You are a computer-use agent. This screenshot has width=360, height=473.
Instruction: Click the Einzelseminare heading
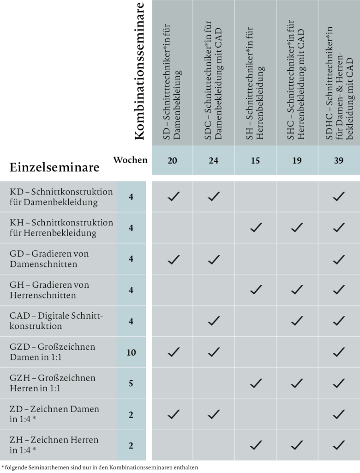(x=54, y=167)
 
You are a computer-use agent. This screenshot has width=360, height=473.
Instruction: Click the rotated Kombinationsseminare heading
(x=139, y=71)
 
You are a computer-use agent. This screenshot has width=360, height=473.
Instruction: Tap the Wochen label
(x=130, y=160)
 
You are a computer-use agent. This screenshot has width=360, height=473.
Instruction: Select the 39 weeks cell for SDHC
(x=339, y=160)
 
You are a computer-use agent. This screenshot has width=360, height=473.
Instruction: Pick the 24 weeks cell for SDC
(x=214, y=160)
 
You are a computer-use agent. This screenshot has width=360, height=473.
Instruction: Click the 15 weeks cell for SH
(x=255, y=160)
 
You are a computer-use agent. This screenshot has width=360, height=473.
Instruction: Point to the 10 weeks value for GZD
(x=131, y=352)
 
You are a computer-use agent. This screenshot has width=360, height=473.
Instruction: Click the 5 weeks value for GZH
(x=131, y=383)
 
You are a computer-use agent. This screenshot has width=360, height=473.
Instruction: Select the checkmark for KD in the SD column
(x=174, y=196)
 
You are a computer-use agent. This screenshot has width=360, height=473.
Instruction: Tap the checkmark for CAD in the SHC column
(x=297, y=321)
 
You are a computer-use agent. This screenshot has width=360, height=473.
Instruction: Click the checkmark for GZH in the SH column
(x=256, y=383)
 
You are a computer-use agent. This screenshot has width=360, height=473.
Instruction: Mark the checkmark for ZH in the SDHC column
(x=339, y=445)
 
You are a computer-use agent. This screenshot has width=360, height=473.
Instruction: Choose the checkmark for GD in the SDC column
(x=214, y=260)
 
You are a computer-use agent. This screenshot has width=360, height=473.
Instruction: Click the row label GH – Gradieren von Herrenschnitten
(x=49, y=290)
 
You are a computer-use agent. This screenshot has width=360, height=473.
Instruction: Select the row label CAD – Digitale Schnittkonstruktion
(x=56, y=321)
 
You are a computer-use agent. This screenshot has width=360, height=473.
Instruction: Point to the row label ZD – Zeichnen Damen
(x=54, y=414)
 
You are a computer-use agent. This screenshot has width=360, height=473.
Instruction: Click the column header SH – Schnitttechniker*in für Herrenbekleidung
(x=255, y=84)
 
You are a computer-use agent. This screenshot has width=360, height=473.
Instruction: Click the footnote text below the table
(x=100, y=467)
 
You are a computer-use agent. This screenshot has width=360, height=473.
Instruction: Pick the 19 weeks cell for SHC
(x=297, y=160)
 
